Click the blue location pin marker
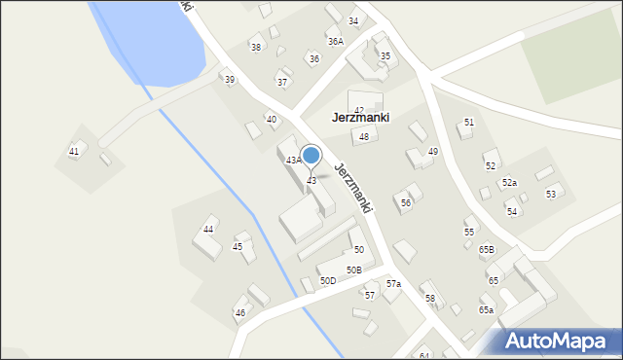(x=311, y=156)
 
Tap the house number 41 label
(x=74, y=151)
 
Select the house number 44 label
(x=208, y=230)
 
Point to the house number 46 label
(x=240, y=312)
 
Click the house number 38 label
(x=256, y=47)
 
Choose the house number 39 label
(x=230, y=80)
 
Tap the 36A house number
(x=336, y=42)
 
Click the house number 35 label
(x=385, y=56)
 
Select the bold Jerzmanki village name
(x=360, y=118)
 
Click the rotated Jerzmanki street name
(x=353, y=187)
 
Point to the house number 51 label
(x=469, y=123)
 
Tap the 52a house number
(x=509, y=183)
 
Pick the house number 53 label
(x=551, y=195)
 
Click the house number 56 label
(x=406, y=202)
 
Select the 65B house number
(x=487, y=250)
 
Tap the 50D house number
(x=328, y=281)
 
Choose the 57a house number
(x=393, y=283)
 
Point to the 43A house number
(x=293, y=161)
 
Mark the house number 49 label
(x=433, y=152)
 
